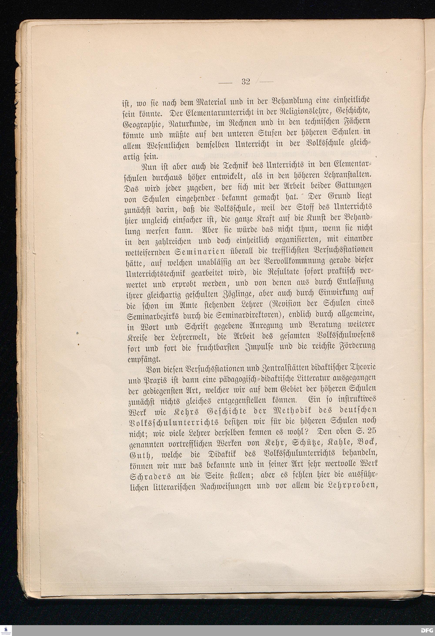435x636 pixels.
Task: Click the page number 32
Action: tap(246, 82)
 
